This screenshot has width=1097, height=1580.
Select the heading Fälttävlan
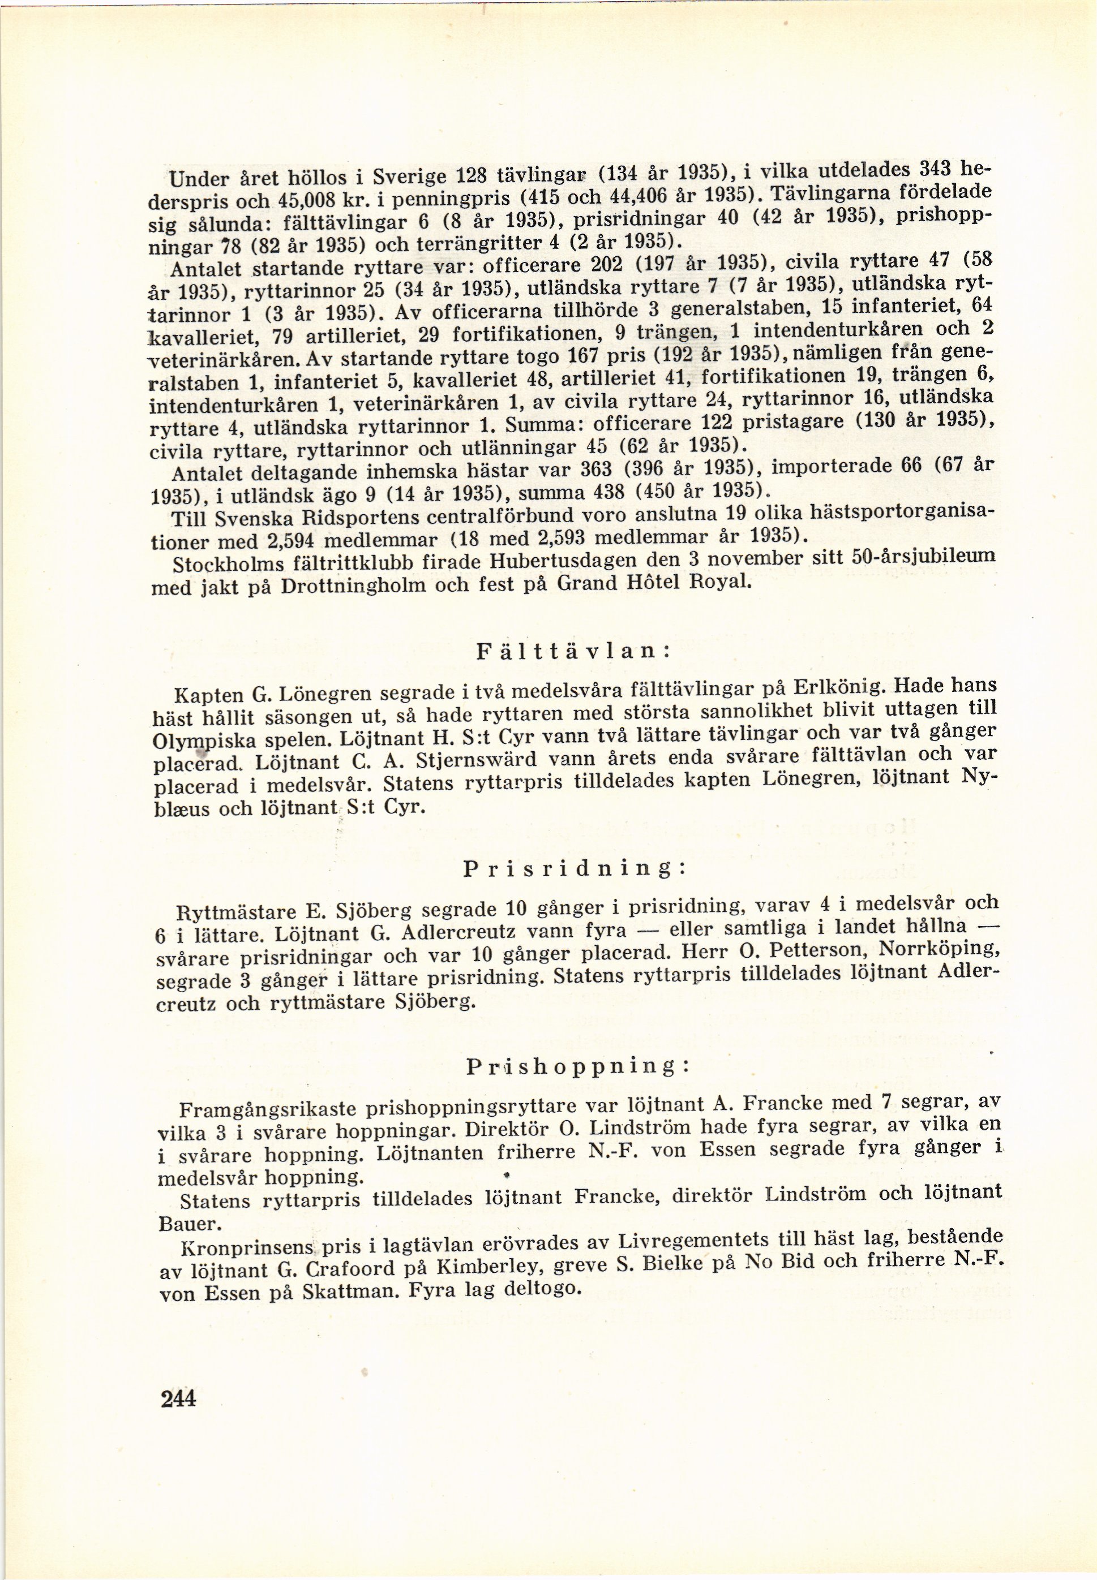click(573, 651)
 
